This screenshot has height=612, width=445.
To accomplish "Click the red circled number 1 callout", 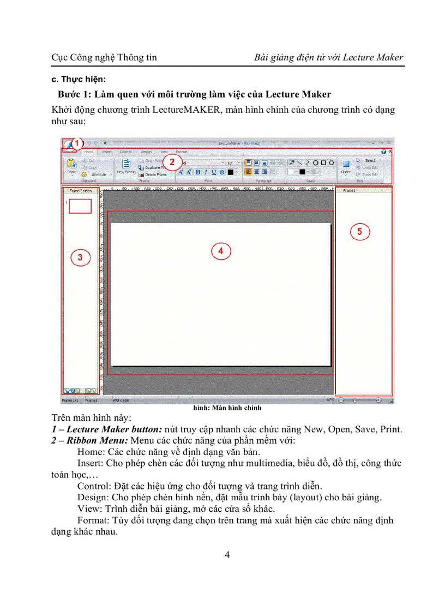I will pos(77,144).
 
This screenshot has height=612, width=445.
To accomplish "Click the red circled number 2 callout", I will pos(172,161).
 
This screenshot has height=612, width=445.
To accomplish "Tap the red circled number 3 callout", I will pos(80,258).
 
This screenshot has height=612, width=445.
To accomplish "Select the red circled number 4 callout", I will pos(220,251).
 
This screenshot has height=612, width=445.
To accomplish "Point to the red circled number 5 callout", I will pos(359,232).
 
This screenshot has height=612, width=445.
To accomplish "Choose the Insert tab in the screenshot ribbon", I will pos(106,152).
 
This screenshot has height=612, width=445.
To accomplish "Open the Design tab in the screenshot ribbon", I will pos(146,152).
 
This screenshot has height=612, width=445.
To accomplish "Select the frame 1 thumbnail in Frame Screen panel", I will pos(80,205).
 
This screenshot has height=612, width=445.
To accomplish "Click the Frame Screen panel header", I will pos(80,191).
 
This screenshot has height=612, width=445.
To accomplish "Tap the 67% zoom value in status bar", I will pos(330,399).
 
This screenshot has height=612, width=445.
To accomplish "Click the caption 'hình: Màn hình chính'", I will pos(227,408).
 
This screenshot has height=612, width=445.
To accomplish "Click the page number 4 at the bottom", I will pos(227,555).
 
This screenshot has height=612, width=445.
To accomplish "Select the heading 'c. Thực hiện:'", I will pos(79,80).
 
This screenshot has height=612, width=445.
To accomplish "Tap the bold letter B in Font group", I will pos(197,172).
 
